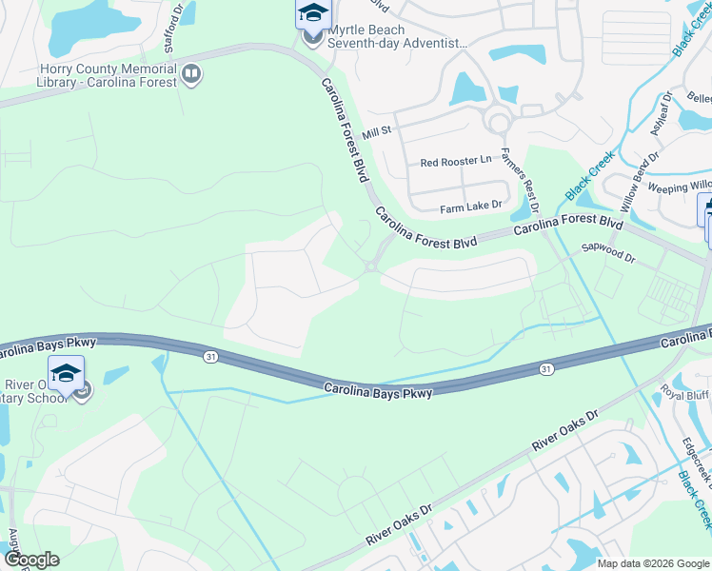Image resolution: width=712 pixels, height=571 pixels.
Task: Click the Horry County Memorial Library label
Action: click(x=108, y=75)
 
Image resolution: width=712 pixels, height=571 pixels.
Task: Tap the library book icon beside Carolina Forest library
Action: click(x=191, y=74)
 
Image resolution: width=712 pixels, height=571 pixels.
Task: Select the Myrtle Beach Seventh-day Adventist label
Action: click(x=398, y=36)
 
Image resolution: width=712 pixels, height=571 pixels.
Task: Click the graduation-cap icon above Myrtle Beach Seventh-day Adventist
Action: click(x=312, y=13)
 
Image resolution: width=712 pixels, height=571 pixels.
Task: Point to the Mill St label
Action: click(x=377, y=130)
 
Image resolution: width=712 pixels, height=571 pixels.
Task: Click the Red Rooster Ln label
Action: click(x=456, y=162)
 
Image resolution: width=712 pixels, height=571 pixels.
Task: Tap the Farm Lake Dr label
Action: click(x=470, y=207)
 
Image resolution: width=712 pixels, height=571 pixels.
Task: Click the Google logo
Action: click(x=30, y=560)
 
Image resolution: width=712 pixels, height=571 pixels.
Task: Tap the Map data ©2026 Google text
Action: click(x=653, y=563)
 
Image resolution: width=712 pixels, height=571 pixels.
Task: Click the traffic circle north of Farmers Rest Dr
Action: click(x=497, y=122)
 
